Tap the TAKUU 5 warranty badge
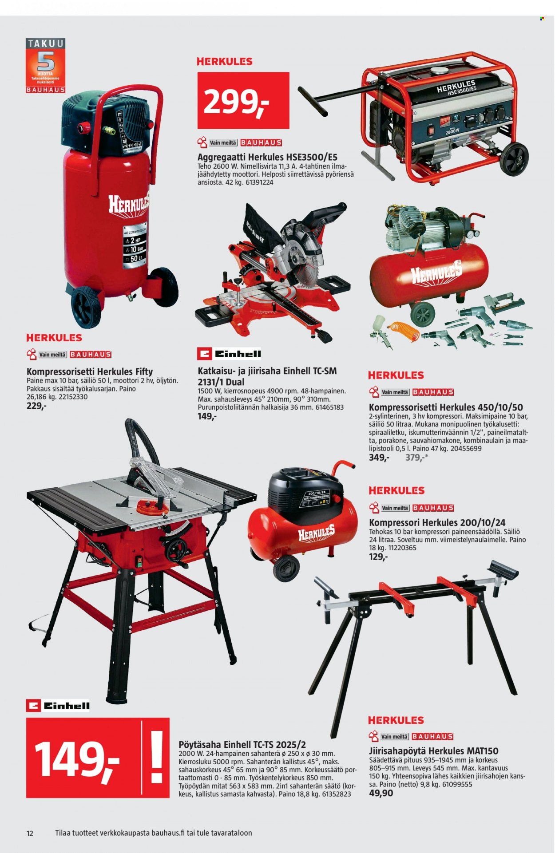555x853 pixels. coord(45,66)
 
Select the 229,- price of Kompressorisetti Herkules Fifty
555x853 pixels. coord(36,406)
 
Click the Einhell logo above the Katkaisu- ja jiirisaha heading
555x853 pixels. coord(229,354)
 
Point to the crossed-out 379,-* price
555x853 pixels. coord(416,458)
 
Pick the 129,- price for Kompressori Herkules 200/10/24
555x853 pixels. coord(378,557)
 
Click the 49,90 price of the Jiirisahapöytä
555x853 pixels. coord(381,793)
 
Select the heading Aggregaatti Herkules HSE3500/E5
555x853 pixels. coord(267,157)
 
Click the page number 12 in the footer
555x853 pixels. coord(30,833)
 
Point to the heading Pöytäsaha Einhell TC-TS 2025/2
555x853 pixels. coord(242,744)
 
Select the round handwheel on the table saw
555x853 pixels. coord(177,551)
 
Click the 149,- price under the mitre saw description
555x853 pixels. coord(207,416)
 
